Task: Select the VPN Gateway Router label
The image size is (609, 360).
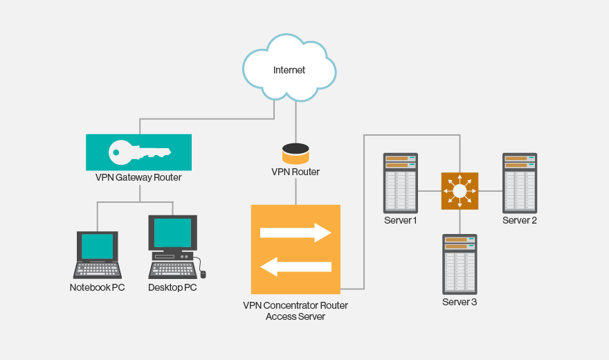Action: [x=138, y=177]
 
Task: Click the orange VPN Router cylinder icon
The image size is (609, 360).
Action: [x=296, y=154]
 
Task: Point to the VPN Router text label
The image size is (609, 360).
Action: [x=296, y=172]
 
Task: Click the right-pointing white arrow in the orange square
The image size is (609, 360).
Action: [x=296, y=233]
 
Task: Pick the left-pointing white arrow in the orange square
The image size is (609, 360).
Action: [x=296, y=267]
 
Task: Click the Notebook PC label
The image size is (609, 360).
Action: [x=98, y=287]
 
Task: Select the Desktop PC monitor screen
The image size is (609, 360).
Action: [x=172, y=233]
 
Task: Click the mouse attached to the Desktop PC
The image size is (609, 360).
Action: [x=203, y=273]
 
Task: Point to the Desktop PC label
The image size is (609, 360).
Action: [x=172, y=287]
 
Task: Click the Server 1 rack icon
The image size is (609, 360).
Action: [x=401, y=183]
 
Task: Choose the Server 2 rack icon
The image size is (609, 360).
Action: [x=520, y=183]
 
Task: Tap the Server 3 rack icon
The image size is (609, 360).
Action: [x=460, y=264]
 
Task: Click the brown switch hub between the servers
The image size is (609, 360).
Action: [x=460, y=191]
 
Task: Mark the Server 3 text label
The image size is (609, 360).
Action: [x=460, y=302]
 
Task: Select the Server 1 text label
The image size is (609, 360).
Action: [x=401, y=220]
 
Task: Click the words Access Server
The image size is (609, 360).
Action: [x=296, y=317]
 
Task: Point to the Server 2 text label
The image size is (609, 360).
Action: [x=520, y=220]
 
